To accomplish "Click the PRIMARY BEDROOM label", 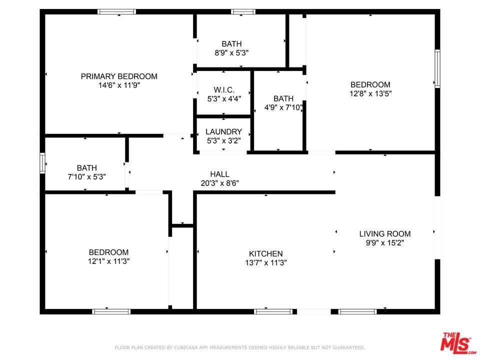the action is (x=119, y=76).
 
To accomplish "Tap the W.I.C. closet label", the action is (x=224, y=90).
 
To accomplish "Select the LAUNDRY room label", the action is (x=224, y=131).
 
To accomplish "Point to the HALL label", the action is (x=220, y=174).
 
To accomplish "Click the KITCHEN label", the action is (x=265, y=253).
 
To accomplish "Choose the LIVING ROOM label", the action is (x=385, y=234).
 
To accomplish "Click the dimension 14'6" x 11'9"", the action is (x=119, y=85).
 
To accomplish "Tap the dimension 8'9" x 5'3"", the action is (x=231, y=53).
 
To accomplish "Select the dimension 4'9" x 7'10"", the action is (x=283, y=107).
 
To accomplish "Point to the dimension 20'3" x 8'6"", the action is (x=220, y=183).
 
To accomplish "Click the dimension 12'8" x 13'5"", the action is (x=370, y=93).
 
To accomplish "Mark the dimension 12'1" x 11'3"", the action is (x=108, y=261).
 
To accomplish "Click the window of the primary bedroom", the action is (x=116, y=11).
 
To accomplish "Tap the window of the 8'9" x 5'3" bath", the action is (x=243, y=11).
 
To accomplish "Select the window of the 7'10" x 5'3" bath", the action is (x=42, y=163).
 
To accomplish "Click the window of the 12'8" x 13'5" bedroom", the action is (x=437, y=69).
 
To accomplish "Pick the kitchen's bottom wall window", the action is (x=273, y=311).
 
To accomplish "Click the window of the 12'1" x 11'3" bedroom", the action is (x=111, y=311).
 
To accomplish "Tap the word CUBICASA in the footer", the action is (x=186, y=347).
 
